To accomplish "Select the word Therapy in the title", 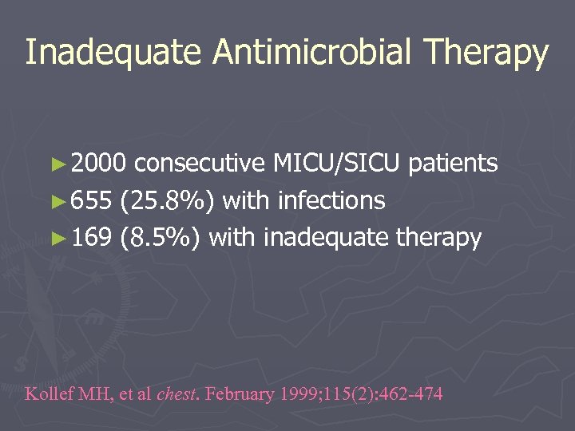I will tap(486, 53).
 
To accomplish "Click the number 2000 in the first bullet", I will tap(97, 164).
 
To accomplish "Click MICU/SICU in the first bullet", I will tap(336, 164).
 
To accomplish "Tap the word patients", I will tap(453, 164).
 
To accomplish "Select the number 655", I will tap(90, 200).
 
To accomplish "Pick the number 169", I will tap(90, 237).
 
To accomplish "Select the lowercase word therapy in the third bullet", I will tap(438, 238).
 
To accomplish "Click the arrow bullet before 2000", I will tap(61, 165).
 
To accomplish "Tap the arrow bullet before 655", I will tap(61, 202).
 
